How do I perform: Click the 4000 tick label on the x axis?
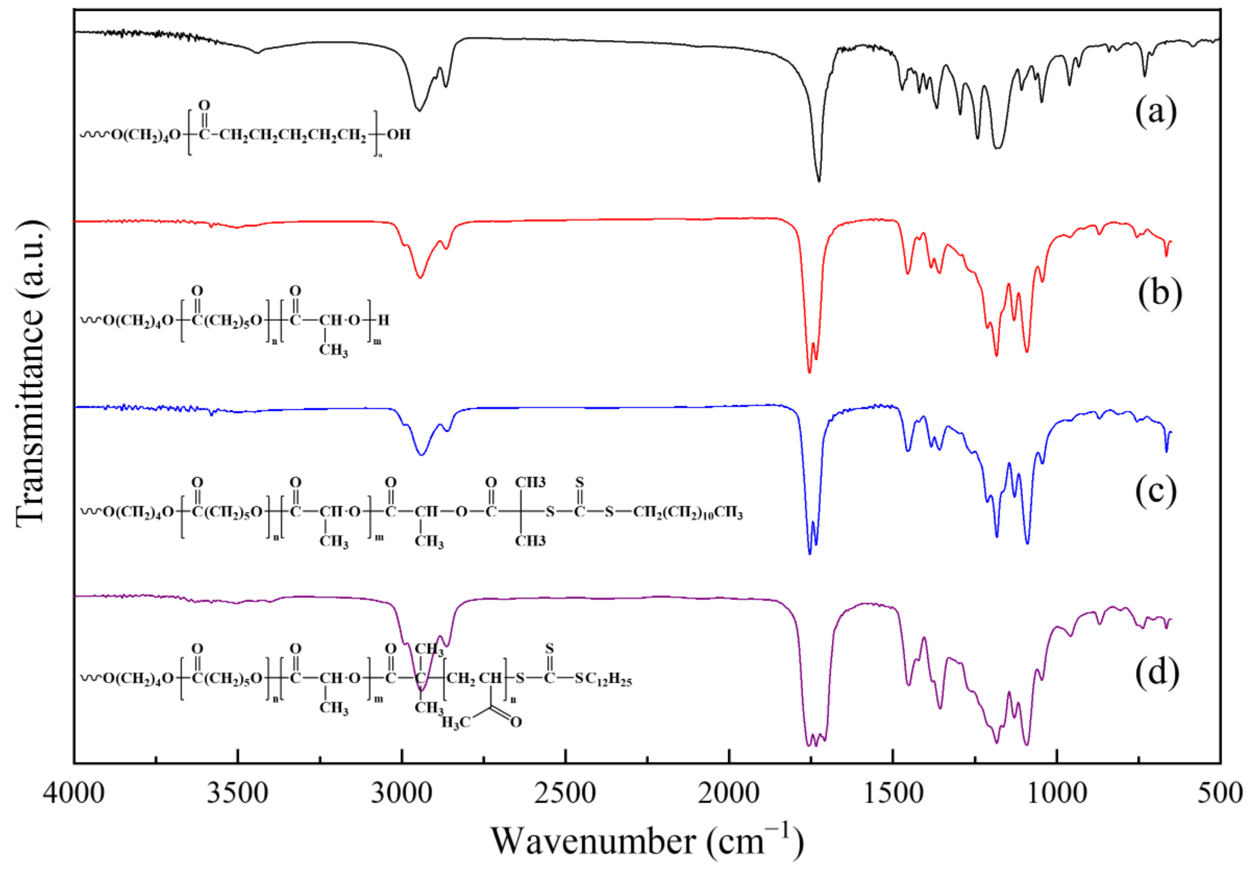pyautogui.click(x=74, y=793)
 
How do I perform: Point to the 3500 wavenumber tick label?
pyautogui.click(x=238, y=793)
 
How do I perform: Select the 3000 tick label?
pyautogui.click(x=402, y=793)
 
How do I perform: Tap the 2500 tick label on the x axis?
pyautogui.click(x=565, y=793)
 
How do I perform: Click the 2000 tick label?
pyautogui.click(x=729, y=793)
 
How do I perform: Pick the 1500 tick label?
pyautogui.click(x=893, y=793)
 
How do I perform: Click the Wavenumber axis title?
pyautogui.click(x=647, y=841)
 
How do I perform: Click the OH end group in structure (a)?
pyautogui.click(x=399, y=134)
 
